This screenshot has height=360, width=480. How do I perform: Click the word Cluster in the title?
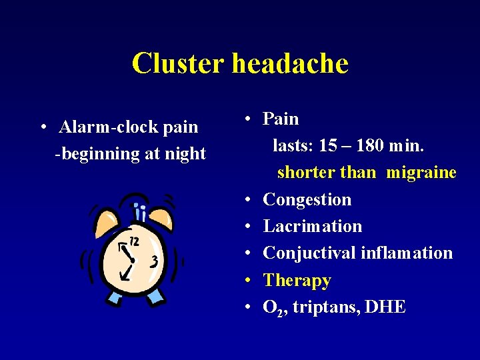click(x=178, y=64)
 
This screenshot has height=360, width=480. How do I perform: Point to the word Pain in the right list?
click(x=281, y=119)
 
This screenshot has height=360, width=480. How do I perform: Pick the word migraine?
click(x=421, y=173)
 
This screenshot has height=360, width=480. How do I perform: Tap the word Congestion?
click(x=307, y=199)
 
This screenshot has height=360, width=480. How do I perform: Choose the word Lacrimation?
click(x=313, y=226)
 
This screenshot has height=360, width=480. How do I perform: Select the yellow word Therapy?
click(x=297, y=280)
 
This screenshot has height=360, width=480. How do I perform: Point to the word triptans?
click(x=325, y=307)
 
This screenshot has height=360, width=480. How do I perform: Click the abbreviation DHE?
click(x=386, y=307)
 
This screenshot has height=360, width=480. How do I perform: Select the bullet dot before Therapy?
click(x=247, y=281)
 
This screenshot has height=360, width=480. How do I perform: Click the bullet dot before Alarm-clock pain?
click(x=43, y=127)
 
